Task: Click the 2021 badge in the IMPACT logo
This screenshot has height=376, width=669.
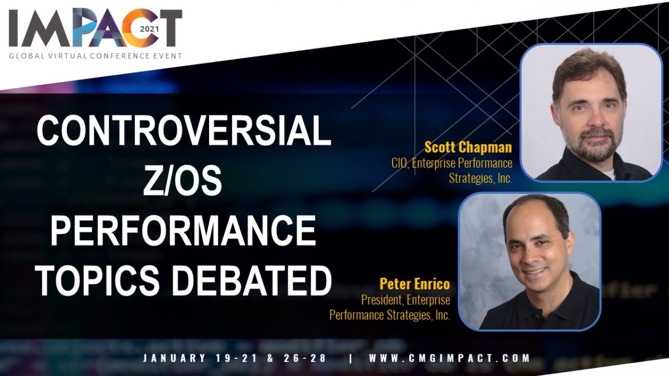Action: pos(149,30)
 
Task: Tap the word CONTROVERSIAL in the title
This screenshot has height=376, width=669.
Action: pos(184,131)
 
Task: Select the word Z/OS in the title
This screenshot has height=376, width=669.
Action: pos(182,181)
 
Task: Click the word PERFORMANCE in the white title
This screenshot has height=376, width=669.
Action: pos(183,231)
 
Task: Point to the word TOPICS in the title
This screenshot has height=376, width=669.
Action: pos(98,281)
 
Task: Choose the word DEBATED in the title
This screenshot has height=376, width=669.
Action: pos(253,281)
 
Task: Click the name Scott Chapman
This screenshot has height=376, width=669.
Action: pos(468,148)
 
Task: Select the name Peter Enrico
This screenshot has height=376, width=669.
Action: pos(415,284)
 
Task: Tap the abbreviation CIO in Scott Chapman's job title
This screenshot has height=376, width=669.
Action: pos(399,163)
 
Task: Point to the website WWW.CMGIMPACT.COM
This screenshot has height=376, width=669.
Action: pos(449,358)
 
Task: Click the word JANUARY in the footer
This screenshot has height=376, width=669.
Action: pos(174,358)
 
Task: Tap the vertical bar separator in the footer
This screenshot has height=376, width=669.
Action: pos(351,358)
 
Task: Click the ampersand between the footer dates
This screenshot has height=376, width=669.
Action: pos(270,358)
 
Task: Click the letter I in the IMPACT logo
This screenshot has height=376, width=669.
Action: pos(13,28)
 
